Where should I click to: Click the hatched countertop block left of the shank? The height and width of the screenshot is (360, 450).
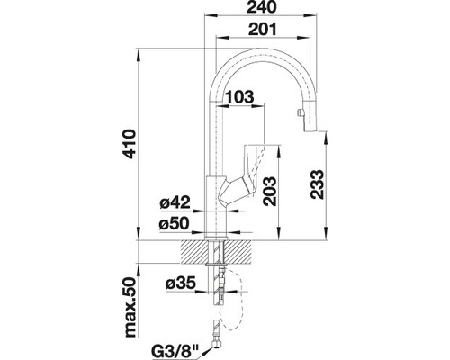click(192, 251)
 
